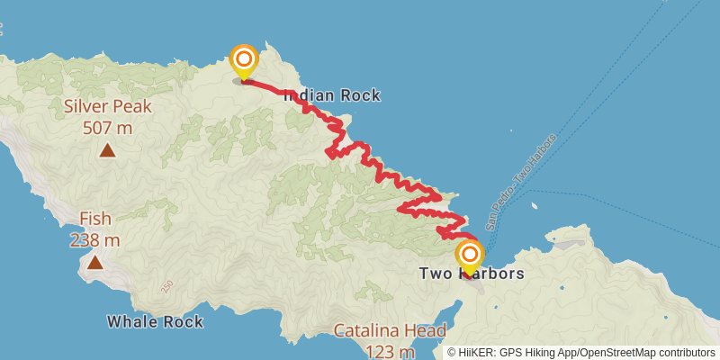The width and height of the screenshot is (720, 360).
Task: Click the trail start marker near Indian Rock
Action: click(x=243, y=61)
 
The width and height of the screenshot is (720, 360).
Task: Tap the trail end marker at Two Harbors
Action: click(x=469, y=255)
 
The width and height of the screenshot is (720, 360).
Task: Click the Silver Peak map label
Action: click(x=107, y=106)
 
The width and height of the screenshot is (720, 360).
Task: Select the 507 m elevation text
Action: click(x=107, y=128)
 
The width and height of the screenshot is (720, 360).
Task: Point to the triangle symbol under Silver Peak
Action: click(x=107, y=150)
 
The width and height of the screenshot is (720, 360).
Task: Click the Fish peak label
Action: click(x=94, y=219)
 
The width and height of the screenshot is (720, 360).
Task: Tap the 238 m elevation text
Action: click(x=94, y=240)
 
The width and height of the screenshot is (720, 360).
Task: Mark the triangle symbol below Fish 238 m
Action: click(x=94, y=263)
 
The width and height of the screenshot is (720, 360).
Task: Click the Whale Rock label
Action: click(x=155, y=321)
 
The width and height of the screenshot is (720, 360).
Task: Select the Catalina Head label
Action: click(x=390, y=330)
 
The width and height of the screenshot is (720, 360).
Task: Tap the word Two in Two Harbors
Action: click(x=436, y=274)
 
